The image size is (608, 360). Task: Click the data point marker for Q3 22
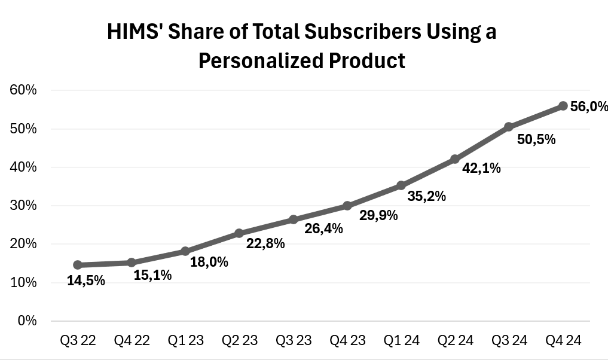point(78,265)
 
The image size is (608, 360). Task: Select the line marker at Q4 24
point(563,106)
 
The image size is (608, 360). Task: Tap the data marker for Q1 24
point(401,185)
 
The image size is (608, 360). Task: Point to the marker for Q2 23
point(239,233)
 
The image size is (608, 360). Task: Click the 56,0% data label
point(589,107)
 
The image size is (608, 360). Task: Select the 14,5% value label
point(86,280)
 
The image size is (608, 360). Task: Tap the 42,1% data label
point(482,169)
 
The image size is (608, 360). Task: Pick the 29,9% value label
point(378,216)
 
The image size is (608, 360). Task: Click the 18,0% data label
point(209,262)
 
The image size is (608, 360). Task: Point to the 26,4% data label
point(323,228)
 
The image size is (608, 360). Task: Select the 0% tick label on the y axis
point(28,321)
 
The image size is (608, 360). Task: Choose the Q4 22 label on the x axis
point(132,341)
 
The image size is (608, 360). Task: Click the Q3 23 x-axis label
point(294,341)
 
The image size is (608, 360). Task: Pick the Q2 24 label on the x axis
point(455,341)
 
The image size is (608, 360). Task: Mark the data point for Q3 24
point(509,127)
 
